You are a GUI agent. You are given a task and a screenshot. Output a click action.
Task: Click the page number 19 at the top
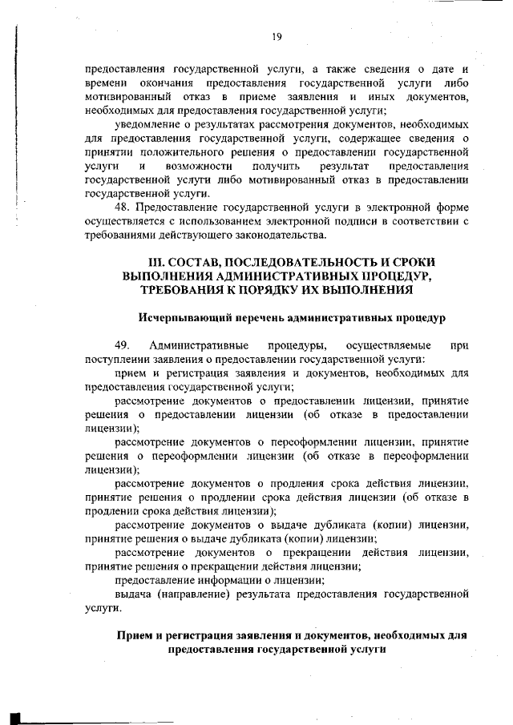pyautogui.click(x=277, y=36)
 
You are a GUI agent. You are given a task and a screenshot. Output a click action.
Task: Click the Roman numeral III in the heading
pyautogui.click(x=158, y=263)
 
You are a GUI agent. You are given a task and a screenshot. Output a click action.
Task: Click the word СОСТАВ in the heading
pyautogui.click(x=197, y=263)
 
